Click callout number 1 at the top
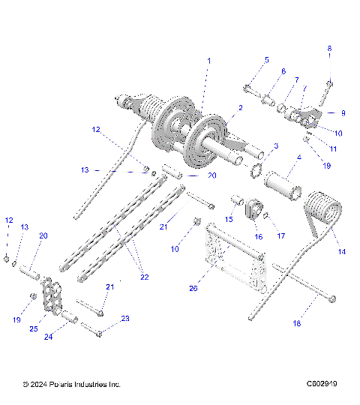208,60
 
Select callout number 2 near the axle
240,108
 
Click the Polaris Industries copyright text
71,385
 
